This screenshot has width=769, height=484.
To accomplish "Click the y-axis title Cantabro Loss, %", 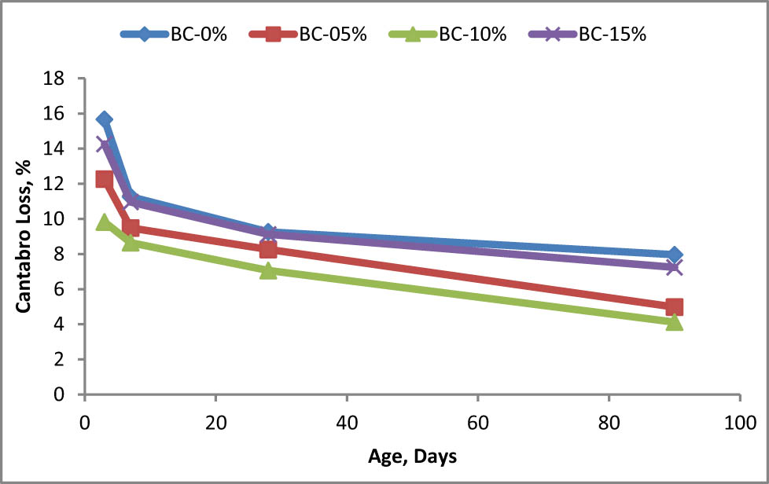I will (25, 236).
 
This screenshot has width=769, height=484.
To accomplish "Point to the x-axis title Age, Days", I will (412, 456).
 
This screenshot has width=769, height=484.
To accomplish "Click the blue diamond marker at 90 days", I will (674, 255).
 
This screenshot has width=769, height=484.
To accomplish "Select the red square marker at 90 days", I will (674, 307).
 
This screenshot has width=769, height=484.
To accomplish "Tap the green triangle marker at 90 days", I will (674, 322).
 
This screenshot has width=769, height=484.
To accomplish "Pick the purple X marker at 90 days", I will (674, 268).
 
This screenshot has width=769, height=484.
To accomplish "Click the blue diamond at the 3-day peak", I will (104, 119).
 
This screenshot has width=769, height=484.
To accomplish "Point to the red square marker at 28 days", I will (268, 249).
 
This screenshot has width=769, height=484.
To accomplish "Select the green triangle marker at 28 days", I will (268, 271).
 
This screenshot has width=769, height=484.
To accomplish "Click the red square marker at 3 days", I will (104, 179).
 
